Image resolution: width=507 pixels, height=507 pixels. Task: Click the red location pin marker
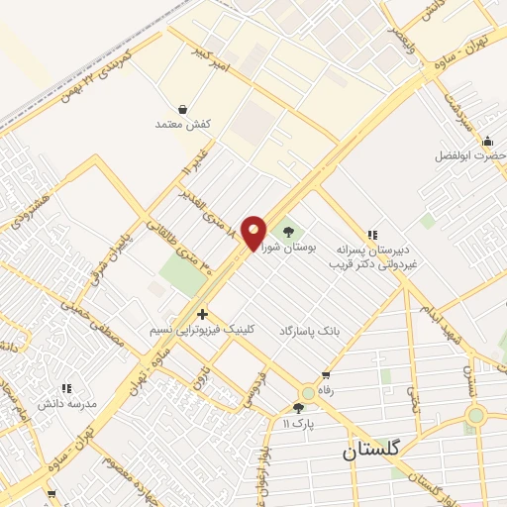click(253, 233)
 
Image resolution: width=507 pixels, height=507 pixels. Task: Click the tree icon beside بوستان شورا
click(288, 233)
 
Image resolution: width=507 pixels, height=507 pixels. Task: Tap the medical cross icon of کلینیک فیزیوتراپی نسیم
click(203, 314)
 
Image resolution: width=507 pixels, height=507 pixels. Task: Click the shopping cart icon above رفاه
click(326, 375)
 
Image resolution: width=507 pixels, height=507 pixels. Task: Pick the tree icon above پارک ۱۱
click(298, 407)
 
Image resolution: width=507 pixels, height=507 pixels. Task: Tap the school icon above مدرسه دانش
click(67, 389)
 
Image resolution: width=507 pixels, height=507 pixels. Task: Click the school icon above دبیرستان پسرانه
click(372, 235)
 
